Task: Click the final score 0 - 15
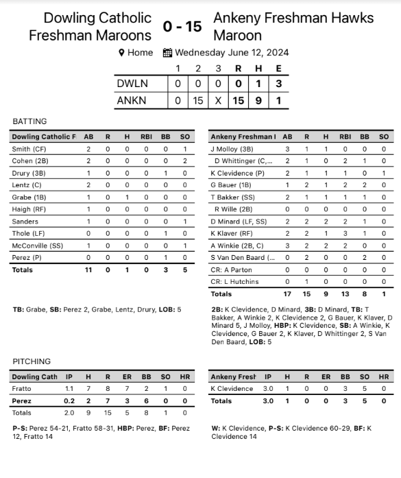point(182,26)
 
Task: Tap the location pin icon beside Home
point(121,53)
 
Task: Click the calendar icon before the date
point(167,53)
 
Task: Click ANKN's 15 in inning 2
point(199,101)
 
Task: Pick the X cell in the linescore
point(219,101)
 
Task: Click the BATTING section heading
point(29,121)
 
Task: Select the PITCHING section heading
point(32,361)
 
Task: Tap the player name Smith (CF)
point(30,149)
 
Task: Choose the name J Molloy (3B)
point(232,149)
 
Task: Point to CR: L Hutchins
point(234,282)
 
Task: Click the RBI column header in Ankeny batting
point(345,136)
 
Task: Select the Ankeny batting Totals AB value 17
point(287,294)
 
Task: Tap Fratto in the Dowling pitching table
point(22,389)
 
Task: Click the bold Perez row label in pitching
point(21,401)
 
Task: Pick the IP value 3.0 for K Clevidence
point(269,389)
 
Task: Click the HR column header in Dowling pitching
point(184,377)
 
